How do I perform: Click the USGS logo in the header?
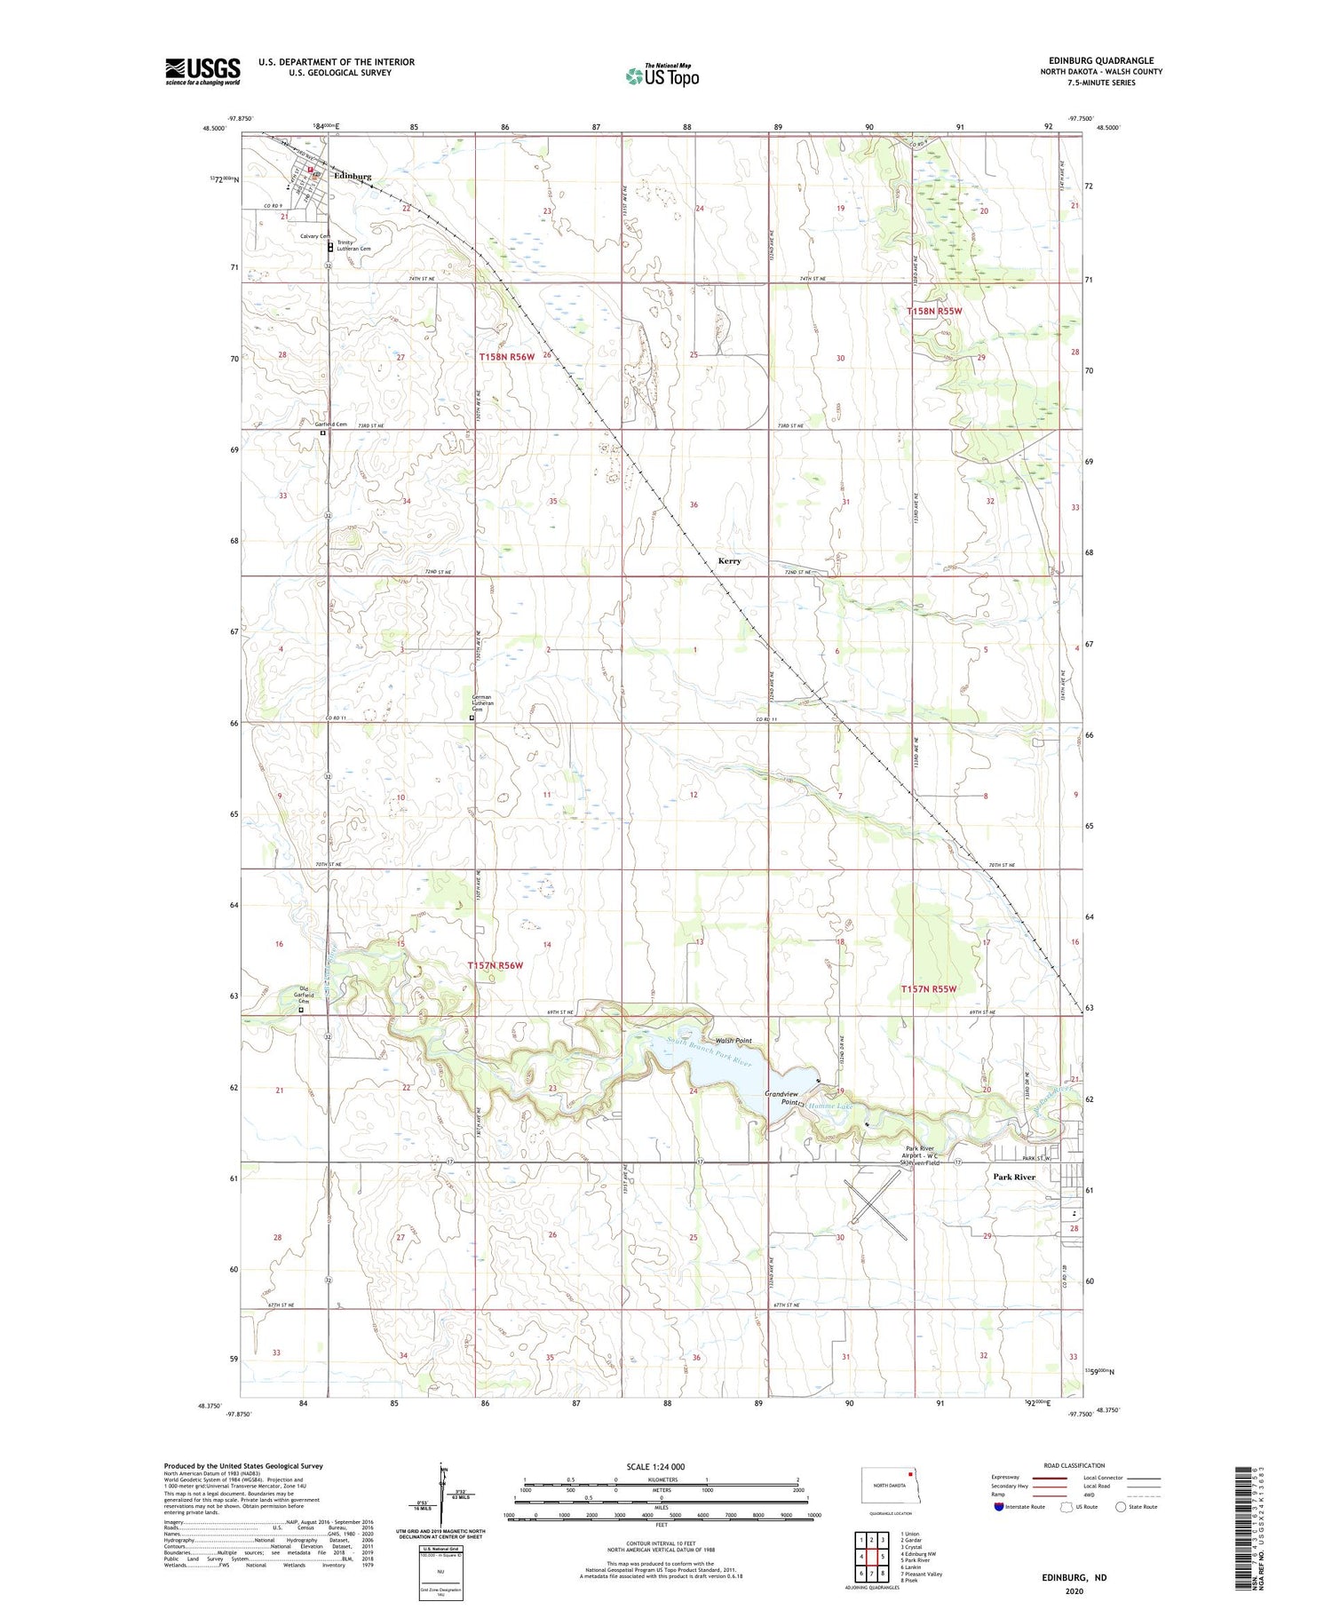click(202, 71)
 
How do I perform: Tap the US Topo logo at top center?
click(662, 75)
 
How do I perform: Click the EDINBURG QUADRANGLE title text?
click(1101, 60)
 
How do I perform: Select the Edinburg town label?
click(353, 176)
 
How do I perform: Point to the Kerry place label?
click(729, 561)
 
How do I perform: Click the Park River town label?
click(1014, 1177)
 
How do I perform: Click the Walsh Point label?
click(733, 1041)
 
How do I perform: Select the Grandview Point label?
click(782, 1098)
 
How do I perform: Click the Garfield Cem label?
click(331, 424)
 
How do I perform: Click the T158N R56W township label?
click(507, 357)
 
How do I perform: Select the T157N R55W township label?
click(928, 988)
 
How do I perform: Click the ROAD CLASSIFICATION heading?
click(1074, 1465)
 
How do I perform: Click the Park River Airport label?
click(918, 1155)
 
